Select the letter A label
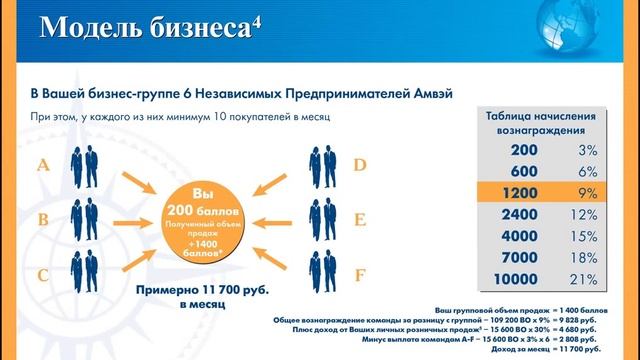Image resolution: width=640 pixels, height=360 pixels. [43, 166]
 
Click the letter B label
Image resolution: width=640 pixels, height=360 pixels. [43, 219]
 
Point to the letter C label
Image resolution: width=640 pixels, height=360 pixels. [43, 272]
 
